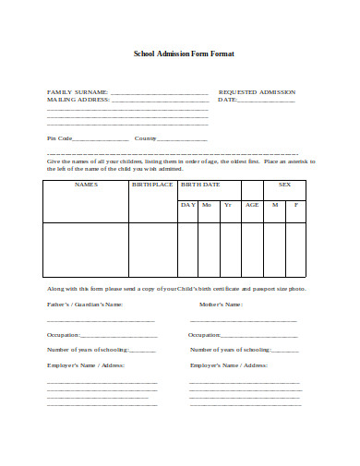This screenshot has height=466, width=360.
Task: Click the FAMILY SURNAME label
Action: tap(78, 92)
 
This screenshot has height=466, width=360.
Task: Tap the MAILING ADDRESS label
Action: tap(78, 100)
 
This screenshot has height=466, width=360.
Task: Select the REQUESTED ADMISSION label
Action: tap(257, 92)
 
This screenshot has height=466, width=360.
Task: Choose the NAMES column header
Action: tap(86, 185)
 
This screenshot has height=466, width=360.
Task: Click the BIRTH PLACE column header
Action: tap(152, 185)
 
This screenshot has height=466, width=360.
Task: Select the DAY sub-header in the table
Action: tap(187, 204)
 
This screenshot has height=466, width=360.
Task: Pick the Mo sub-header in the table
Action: tap(207, 204)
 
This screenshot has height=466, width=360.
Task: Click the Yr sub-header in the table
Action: tap(227, 204)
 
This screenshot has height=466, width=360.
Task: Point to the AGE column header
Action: tap(252, 204)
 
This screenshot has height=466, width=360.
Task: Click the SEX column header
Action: tap(284, 185)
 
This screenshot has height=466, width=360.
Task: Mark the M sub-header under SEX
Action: tap(274, 204)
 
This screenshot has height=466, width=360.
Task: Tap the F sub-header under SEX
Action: tap(296, 204)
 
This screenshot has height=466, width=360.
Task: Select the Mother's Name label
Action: tap(221, 304)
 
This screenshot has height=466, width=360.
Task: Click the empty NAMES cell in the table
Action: tap(86, 249)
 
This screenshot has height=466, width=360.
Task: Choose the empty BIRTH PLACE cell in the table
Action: tap(152, 249)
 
